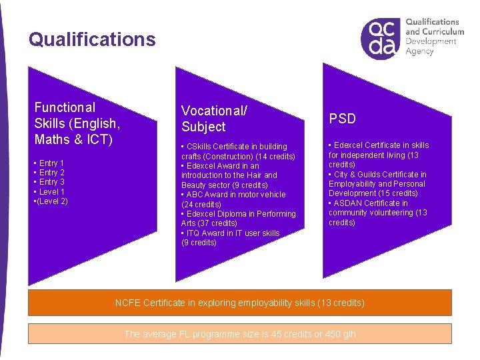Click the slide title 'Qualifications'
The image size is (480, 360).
click(x=92, y=39)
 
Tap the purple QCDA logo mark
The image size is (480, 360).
click(x=381, y=39)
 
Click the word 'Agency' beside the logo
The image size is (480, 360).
click(x=419, y=52)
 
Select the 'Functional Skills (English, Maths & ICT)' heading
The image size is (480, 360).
click(x=77, y=123)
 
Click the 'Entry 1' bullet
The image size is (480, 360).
click(x=51, y=163)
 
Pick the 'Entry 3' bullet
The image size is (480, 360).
click(x=51, y=182)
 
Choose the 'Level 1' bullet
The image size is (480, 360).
click(x=51, y=192)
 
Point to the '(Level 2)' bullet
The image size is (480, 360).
click(x=51, y=201)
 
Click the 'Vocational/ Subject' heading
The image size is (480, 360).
click(x=214, y=118)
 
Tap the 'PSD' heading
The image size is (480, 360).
click(x=342, y=119)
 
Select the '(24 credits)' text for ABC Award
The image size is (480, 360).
click(x=201, y=205)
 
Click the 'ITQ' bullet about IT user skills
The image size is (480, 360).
click(x=194, y=233)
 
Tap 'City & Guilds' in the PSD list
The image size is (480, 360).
click(x=357, y=175)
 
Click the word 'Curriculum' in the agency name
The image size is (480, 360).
click(x=443, y=31)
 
